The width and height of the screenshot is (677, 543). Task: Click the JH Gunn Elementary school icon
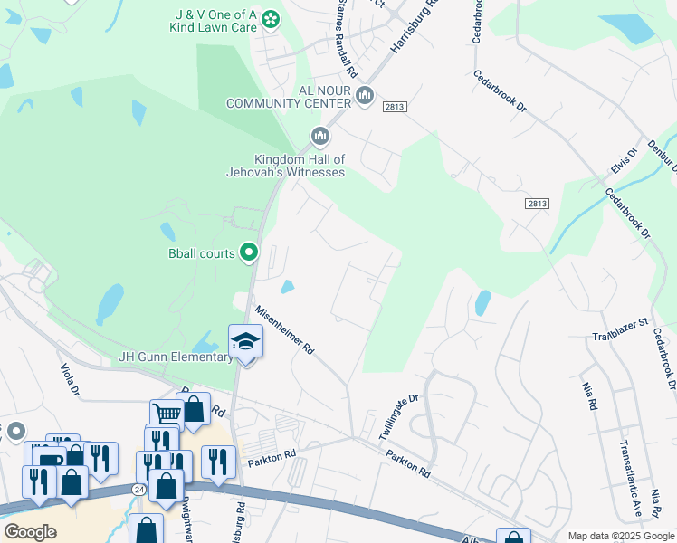pyautogui.click(x=245, y=341)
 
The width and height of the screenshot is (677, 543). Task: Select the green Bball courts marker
pyautogui.click(x=250, y=253)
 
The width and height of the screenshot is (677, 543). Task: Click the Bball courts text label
pyautogui.click(x=202, y=253)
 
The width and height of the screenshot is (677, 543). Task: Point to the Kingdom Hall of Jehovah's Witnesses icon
pyautogui.click(x=319, y=137)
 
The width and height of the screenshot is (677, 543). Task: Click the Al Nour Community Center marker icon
pyautogui.click(x=365, y=95)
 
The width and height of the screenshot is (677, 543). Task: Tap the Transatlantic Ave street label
pyautogui.click(x=631, y=478)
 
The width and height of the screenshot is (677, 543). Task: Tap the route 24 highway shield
pyautogui.click(x=138, y=489)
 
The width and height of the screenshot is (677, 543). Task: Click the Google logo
pyautogui.click(x=30, y=532)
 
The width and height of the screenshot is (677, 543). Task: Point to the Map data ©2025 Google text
pyautogui.click(x=620, y=536)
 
